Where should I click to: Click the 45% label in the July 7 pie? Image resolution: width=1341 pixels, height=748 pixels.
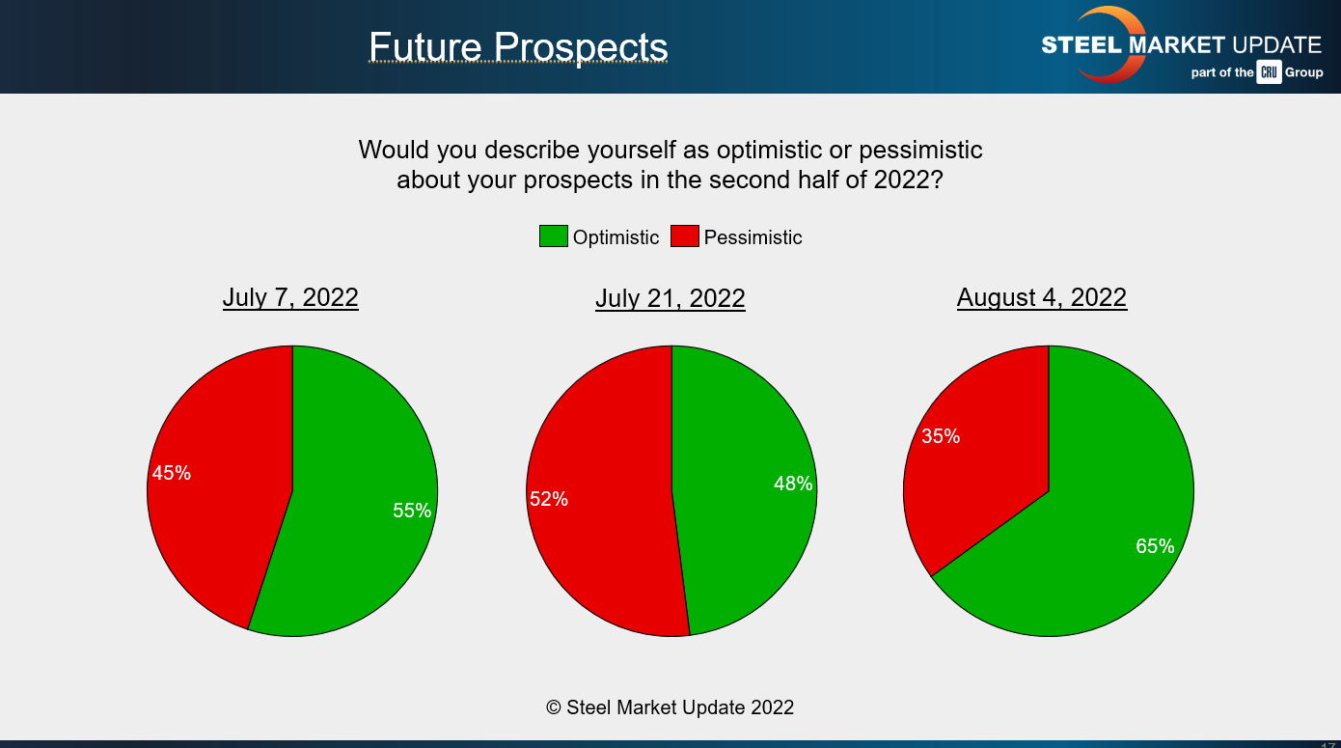coord(171,473)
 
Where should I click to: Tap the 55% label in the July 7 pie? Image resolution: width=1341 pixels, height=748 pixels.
coord(412,511)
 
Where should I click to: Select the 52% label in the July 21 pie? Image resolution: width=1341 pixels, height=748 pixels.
coord(548,499)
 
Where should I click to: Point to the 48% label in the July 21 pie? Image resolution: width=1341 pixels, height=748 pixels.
coord(793,484)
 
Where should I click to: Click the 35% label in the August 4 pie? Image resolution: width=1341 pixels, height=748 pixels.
coord(941,436)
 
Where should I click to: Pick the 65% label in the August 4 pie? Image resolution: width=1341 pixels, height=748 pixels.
coord(1155,546)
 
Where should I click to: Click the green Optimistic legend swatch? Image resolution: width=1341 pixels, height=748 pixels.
coord(553,235)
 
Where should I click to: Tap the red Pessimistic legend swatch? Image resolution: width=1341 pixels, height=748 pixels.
coord(685,235)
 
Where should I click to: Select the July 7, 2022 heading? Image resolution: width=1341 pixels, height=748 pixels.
coord(290,297)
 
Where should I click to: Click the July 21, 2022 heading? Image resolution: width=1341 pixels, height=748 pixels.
coord(670,298)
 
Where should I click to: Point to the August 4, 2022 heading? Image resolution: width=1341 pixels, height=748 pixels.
coord(1042,297)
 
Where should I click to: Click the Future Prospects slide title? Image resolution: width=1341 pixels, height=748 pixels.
coord(518,47)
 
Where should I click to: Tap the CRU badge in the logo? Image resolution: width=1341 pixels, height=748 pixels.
coord(1269,72)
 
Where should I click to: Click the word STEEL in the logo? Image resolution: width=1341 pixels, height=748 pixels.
coord(1081,45)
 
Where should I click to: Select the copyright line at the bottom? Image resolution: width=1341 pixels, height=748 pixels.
coord(670,707)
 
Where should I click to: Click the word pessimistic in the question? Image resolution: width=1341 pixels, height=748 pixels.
coord(920,151)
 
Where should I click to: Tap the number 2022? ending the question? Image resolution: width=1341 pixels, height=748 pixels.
coord(908,180)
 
